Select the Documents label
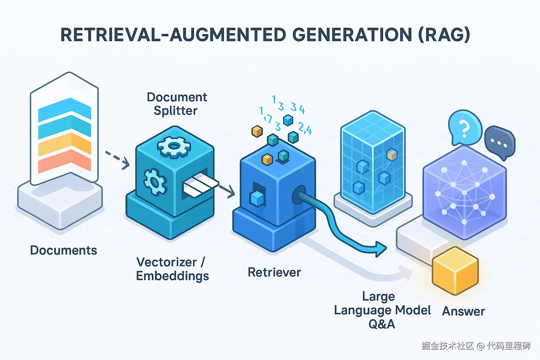[x=64, y=250]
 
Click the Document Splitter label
[x=176, y=104]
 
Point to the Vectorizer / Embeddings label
[x=172, y=269]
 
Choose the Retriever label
[x=274, y=272]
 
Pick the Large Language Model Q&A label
[x=382, y=310]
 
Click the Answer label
[x=463, y=311]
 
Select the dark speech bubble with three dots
[x=500, y=142]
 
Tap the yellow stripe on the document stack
[x=64, y=146]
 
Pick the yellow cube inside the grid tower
[x=392, y=155]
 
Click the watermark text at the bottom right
[x=476, y=346]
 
